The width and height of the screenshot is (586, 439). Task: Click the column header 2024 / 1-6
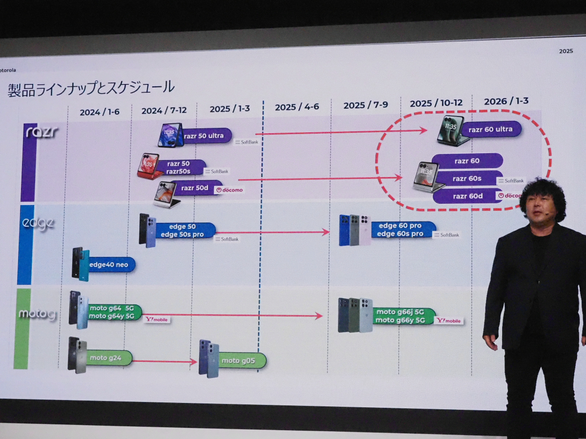click(x=100, y=112)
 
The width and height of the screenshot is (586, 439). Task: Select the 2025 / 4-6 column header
click(x=297, y=107)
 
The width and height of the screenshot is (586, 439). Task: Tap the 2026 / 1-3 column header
click(x=506, y=101)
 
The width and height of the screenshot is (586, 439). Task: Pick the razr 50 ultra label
click(x=204, y=136)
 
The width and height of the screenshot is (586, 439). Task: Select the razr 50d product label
click(x=195, y=188)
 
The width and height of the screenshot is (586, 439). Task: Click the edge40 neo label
click(x=108, y=265)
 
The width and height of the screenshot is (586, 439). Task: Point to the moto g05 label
click(x=238, y=361)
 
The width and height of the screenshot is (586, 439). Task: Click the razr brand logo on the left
click(x=41, y=132)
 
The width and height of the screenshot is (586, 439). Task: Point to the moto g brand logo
click(x=37, y=314)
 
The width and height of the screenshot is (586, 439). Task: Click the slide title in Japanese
click(x=91, y=88)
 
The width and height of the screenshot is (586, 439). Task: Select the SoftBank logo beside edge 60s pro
click(x=446, y=235)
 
